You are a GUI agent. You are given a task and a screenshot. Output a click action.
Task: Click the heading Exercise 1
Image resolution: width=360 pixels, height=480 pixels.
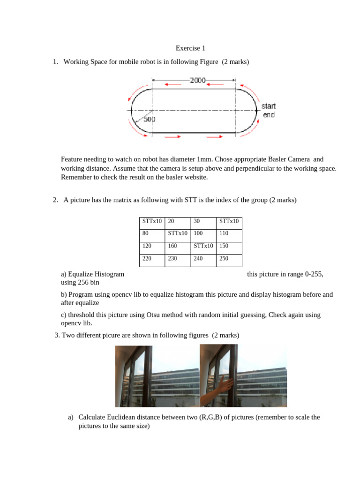coord(190,48)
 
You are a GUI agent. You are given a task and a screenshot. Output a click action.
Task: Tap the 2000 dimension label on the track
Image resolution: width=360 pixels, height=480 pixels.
coord(198,80)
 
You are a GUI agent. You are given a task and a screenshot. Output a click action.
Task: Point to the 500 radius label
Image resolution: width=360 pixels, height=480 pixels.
coord(150,119)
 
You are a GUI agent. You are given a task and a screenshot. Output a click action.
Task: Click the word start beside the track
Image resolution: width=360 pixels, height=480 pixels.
coord(269,106)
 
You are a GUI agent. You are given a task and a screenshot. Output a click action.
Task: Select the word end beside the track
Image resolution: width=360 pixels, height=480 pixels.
coord(269,115)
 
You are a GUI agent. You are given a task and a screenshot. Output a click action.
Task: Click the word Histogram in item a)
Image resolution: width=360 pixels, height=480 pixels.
coord(109,274)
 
